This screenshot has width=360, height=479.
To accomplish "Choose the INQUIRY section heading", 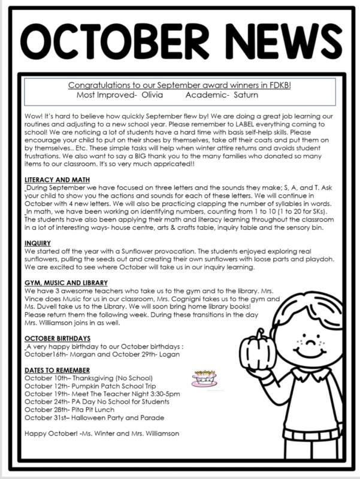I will pos(38,244).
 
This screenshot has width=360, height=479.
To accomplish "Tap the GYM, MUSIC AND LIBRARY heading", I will pos(66,283).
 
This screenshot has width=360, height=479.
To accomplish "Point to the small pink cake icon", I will pos(204,378).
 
